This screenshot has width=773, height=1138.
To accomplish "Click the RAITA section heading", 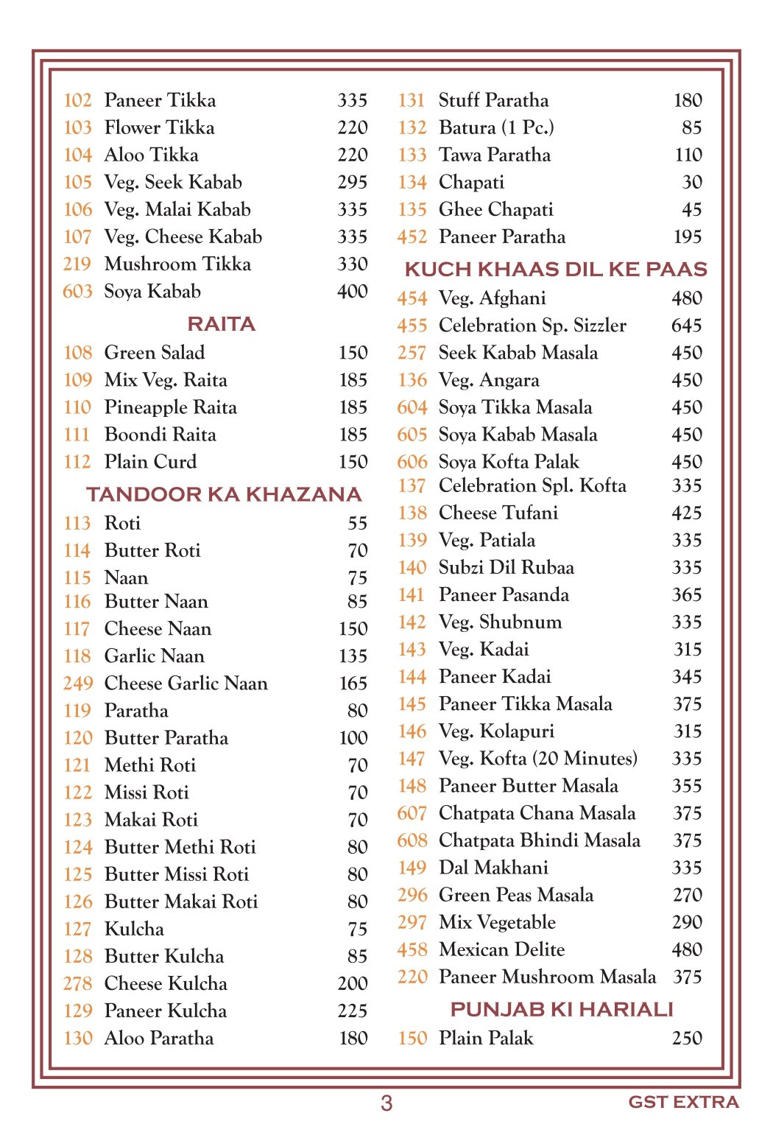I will [x=221, y=324].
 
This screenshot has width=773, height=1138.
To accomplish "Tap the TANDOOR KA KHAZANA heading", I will [x=224, y=494].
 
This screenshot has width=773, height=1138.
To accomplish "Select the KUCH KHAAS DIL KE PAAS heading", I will [x=556, y=270].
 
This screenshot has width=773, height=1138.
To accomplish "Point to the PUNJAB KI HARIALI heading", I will [x=562, y=1009].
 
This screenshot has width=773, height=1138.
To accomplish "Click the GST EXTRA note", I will [x=683, y=1102].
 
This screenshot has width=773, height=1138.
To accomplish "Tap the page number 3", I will [x=386, y=1103].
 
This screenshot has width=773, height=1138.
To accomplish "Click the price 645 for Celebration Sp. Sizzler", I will [x=686, y=326].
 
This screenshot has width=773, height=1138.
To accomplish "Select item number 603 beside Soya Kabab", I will [x=77, y=292].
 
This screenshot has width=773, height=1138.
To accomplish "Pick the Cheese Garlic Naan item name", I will [x=186, y=684].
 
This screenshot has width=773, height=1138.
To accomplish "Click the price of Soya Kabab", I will [x=353, y=292].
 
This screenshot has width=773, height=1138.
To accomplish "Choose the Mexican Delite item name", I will [x=501, y=949].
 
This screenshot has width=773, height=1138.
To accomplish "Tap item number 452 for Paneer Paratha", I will [x=412, y=237].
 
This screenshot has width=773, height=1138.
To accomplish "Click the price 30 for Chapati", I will [x=692, y=183].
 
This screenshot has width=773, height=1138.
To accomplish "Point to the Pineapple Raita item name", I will [x=171, y=407].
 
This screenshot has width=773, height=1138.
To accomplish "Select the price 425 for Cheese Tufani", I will [x=686, y=513].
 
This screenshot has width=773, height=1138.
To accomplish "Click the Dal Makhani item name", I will [x=493, y=868].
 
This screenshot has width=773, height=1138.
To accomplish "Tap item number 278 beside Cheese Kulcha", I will [x=77, y=984].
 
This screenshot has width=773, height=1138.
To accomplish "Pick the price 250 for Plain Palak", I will [x=687, y=1039].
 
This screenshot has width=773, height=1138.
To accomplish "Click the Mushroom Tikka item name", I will [x=177, y=264].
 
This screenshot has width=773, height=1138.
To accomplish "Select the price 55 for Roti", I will [x=357, y=524].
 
